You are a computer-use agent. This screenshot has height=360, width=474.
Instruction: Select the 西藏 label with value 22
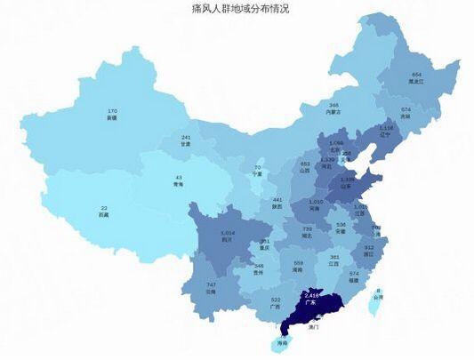point(104,211)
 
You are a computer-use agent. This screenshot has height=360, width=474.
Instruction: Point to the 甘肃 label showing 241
point(186,140)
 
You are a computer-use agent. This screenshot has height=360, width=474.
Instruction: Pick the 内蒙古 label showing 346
point(333,108)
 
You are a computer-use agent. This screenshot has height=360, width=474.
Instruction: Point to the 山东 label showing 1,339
point(348,182)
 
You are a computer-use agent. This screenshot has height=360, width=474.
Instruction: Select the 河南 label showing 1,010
point(315,204)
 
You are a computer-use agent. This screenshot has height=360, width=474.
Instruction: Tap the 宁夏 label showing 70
point(258,170)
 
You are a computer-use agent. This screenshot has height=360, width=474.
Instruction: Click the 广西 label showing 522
point(275,302)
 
